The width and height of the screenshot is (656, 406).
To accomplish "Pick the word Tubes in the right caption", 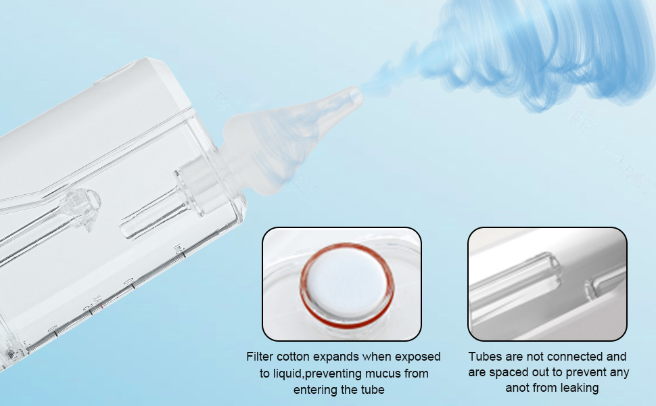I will (485, 357).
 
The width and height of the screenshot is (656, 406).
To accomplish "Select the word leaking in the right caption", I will (579, 388).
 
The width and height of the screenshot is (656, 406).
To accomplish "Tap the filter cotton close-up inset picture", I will (342, 284).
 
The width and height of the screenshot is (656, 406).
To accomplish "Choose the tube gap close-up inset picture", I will (547, 284).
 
